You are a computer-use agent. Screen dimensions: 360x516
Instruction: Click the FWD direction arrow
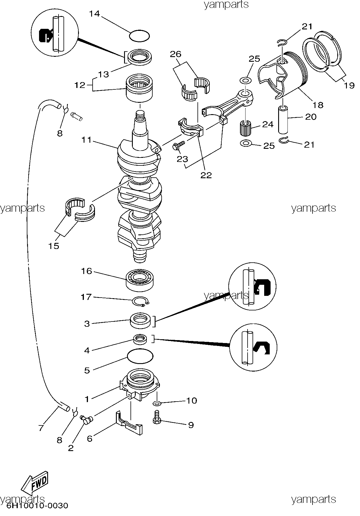tap(34, 482)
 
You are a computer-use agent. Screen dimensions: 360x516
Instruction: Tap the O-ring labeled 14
tap(140, 36)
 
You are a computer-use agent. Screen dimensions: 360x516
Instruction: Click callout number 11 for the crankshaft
tap(87, 140)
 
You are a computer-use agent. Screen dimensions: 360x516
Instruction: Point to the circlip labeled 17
tap(141, 302)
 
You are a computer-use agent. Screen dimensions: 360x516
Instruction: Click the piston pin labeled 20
tap(283, 119)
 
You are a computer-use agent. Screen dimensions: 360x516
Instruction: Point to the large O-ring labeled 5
tap(140, 356)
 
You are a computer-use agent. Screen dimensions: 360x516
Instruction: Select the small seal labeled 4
tap(141, 339)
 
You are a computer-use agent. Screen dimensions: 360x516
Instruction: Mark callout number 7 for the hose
tap(41, 428)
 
